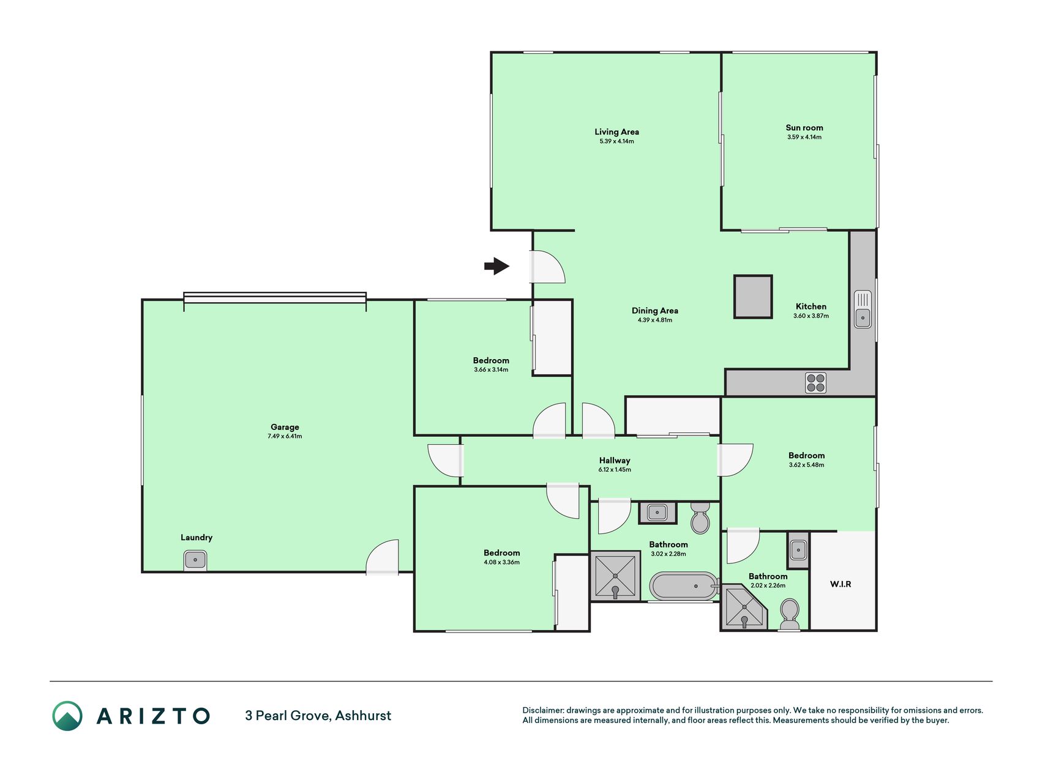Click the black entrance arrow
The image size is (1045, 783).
pos(496,266)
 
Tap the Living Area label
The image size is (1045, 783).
pos(616,132)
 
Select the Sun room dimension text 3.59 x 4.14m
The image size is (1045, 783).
pos(804,137)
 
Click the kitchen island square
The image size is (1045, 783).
pos(753,297)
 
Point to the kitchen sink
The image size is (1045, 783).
pos(863,309)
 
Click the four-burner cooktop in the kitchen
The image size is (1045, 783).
pos(815,383)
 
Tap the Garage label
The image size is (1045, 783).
pos(285,427)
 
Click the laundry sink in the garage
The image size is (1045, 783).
pos(195,560)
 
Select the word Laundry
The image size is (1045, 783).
pos(197,538)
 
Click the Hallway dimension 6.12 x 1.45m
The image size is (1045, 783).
pos(615,470)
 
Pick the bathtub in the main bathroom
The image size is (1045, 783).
pos(683,586)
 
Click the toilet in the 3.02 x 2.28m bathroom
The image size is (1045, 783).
pos(700,518)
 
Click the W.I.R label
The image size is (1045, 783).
pos(841,584)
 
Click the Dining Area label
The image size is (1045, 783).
pos(655,311)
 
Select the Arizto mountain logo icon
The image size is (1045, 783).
pos(67,716)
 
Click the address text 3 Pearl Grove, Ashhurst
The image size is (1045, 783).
pos(318,716)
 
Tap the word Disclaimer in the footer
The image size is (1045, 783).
pos(543,710)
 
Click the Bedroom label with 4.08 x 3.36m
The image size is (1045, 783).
pos(501,553)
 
